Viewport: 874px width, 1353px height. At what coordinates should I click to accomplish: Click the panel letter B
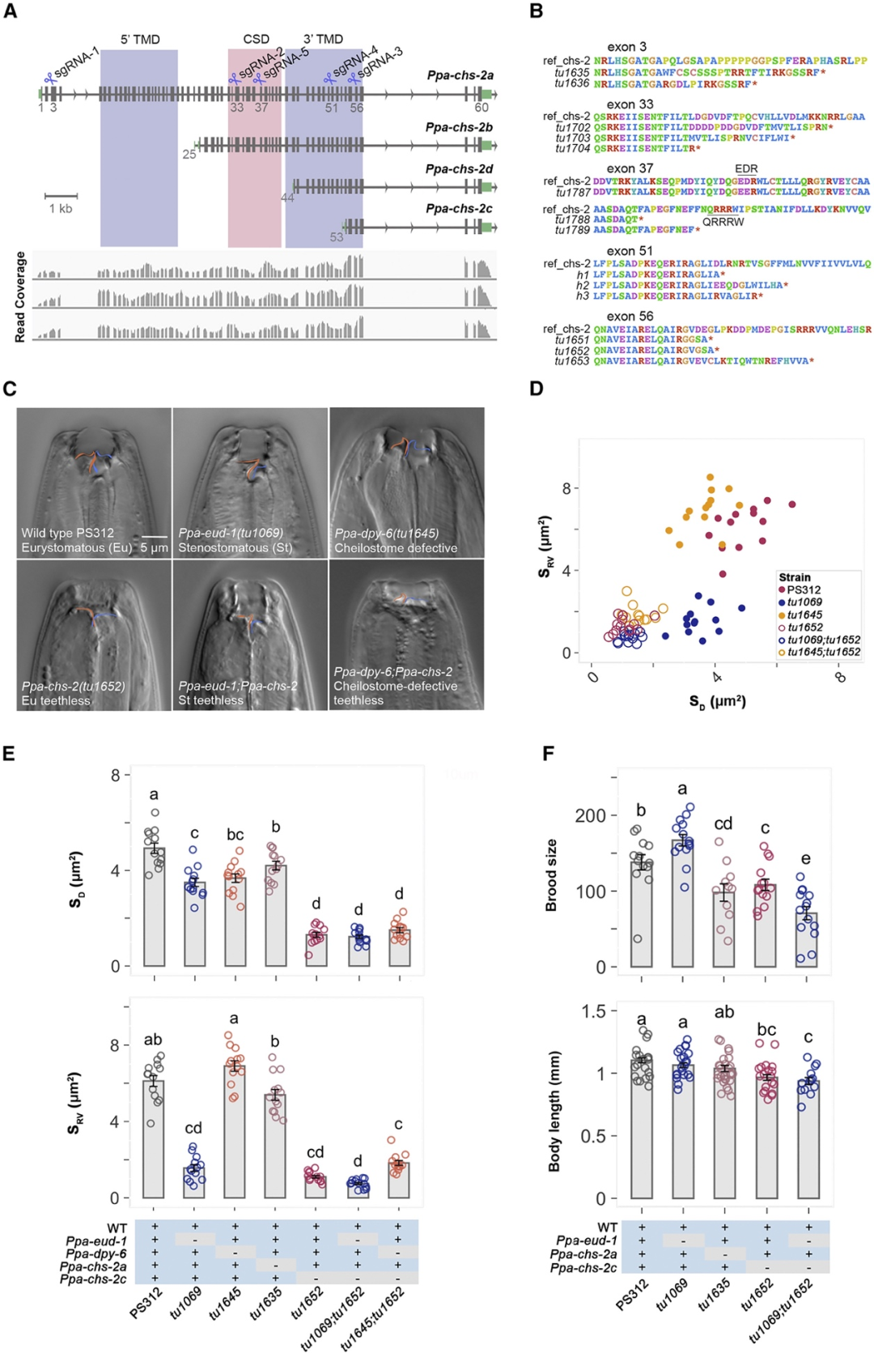(536, 11)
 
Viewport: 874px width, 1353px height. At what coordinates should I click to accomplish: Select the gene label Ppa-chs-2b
(459, 127)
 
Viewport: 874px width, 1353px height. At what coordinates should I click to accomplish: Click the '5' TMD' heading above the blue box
(140, 39)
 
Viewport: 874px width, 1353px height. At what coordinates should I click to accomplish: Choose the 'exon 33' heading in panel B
(630, 104)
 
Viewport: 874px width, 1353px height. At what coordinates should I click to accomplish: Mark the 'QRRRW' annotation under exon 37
(723, 222)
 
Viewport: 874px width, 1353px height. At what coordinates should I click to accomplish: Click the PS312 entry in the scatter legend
(804, 589)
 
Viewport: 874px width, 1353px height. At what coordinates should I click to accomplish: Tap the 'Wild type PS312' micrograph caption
(68, 533)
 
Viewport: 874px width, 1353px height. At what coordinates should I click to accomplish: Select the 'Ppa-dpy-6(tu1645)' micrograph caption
(387, 534)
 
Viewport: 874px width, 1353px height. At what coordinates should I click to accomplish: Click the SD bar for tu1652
(316, 950)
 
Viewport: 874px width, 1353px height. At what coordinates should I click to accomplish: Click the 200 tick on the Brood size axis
(590, 815)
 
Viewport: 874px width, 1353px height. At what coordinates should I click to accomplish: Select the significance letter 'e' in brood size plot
(805, 858)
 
